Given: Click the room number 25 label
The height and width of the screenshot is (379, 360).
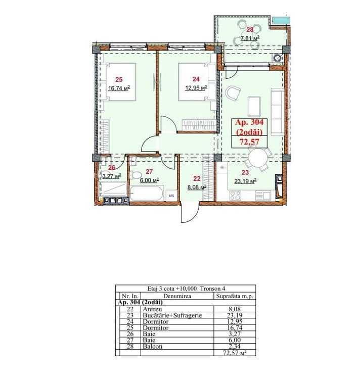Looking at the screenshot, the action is click(x=119, y=79).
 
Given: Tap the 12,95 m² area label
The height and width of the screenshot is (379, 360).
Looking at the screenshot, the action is click(x=196, y=87).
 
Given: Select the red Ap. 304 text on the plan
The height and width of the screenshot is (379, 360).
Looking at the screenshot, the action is click(x=249, y=122).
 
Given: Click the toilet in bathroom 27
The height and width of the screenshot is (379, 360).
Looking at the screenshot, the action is click(x=135, y=174).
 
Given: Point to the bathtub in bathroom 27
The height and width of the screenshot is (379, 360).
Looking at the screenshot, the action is click(x=147, y=193).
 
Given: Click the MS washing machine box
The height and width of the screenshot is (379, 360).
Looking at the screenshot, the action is click(x=172, y=196).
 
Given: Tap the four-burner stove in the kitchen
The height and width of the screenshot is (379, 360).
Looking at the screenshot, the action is click(x=235, y=195).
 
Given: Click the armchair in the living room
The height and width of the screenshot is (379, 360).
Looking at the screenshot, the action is click(x=233, y=93).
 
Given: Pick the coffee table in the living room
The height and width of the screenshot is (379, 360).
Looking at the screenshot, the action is click(x=254, y=106).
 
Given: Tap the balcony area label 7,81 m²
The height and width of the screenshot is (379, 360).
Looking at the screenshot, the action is click(x=250, y=38).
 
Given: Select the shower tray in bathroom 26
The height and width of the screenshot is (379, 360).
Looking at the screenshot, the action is click(x=114, y=189).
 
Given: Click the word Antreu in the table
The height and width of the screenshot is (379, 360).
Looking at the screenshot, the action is click(x=152, y=309).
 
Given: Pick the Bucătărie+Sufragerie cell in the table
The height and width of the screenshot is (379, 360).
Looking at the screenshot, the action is click(x=172, y=315).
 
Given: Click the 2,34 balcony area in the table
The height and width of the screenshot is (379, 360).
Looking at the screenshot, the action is click(x=235, y=346).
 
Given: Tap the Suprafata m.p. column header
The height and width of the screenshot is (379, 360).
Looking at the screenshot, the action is click(x=234, y=296).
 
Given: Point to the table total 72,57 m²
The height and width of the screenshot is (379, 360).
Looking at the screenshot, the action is click(x=235, y=353).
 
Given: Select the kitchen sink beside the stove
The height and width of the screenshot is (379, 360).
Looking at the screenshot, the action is click(x=262, y=195).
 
